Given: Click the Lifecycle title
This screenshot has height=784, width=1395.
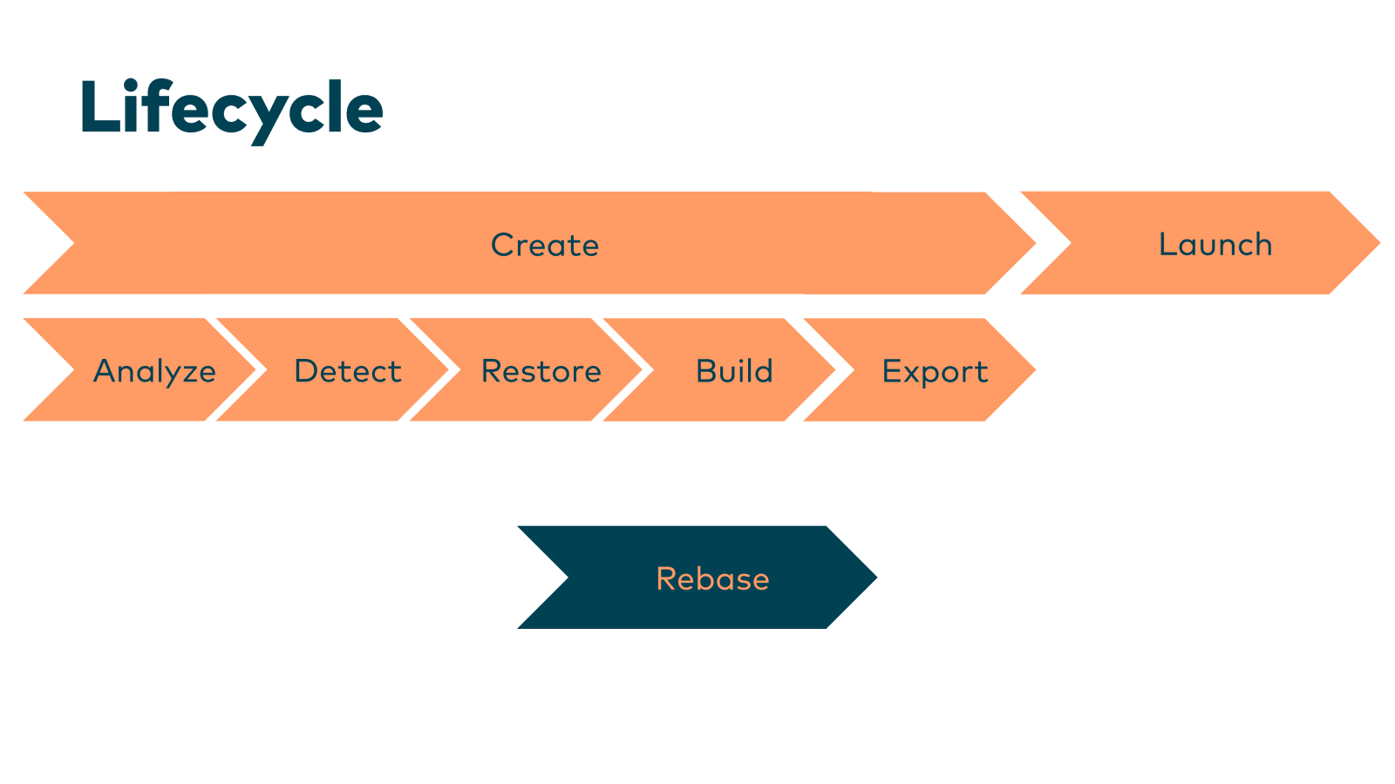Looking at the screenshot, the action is click(x=232, y=111).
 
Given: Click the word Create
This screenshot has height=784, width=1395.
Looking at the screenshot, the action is click(x=545, y=245).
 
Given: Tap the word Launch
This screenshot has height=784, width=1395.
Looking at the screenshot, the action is click(x=1215, y=243).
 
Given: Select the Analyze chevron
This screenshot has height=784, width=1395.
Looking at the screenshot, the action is click(x=139, y=369).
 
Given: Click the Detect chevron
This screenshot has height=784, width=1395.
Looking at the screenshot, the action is click(x=332, y=369).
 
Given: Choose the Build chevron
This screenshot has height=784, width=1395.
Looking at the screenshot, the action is click(x=719, y=369).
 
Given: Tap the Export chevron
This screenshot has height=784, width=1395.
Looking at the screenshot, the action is click(x=920, y=369).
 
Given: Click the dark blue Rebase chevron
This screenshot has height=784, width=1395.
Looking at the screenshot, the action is click(x=697, y=578).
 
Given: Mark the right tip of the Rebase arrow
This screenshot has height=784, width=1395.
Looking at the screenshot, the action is click(x=877, y=578).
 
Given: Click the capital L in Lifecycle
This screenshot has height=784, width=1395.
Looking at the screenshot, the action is click(x=100, y=106).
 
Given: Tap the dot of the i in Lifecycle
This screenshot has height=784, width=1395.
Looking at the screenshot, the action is click(x=131, y=84).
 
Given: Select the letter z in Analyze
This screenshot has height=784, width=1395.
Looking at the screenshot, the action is click(x=187, y=374).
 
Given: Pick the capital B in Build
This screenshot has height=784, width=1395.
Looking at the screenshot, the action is click(x=707, y=370).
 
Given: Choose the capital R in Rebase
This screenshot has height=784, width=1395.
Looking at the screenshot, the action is click(x=666, y=578).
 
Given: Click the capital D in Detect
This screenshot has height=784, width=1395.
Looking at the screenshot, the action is click(x=306, y=370).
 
